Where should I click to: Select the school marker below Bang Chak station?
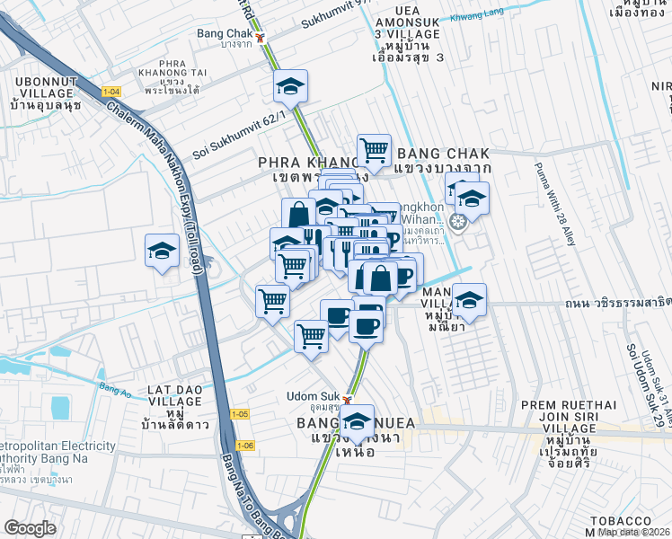(x=290, y=87)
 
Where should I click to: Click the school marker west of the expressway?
(x=162, y=251)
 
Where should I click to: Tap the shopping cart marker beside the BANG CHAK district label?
(x=374, y=150)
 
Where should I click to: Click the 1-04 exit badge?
(x=111, y=92)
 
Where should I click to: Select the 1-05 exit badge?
(x=239, y=414)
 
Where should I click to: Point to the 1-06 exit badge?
(x=245, y=446)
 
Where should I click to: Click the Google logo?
(x=30, y=528)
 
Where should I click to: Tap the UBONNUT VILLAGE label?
(x=43, y=93)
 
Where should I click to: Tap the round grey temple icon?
(x=458, y=221)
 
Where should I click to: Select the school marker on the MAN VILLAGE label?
(x=468, y=302)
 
